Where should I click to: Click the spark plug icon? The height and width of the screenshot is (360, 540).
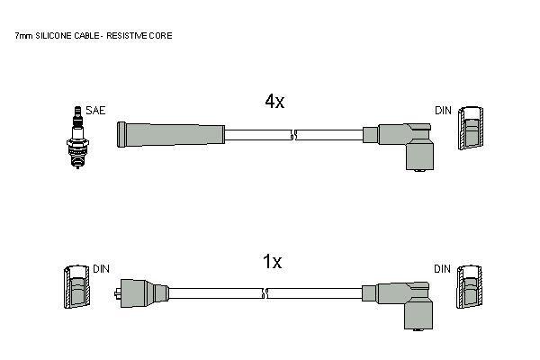(x=77, y=137)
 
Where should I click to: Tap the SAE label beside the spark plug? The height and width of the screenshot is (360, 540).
(x=95, y=110)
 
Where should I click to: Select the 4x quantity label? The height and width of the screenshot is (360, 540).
(x=274, y=102)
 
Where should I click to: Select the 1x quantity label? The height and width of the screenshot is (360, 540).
(x=272, y=262)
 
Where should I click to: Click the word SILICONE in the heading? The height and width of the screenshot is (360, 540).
(x=53, y=35)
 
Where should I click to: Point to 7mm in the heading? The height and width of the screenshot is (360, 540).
(x=23, y=35)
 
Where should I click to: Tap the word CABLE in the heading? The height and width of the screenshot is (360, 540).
(x=86, y=35)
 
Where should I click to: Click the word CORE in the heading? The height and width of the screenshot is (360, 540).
(x=161, y=35)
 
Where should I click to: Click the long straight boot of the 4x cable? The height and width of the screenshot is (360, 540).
(x=171, y=134)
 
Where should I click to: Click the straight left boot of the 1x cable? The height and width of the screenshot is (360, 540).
(x=142, y=293)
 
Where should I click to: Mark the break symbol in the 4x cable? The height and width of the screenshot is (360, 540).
(x=293, y=135)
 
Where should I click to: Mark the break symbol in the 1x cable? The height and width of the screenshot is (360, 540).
(x=265, y=293)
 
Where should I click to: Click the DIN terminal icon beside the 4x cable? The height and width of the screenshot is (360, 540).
(x=471, y=128)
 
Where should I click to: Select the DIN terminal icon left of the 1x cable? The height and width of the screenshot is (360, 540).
(x=76, y=286)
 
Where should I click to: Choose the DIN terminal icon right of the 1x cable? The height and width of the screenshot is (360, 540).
(x=470, y=287)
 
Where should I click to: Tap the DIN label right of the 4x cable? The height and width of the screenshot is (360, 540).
(x=443, y=111)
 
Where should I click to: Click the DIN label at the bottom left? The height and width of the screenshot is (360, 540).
(x=101, y=269)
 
